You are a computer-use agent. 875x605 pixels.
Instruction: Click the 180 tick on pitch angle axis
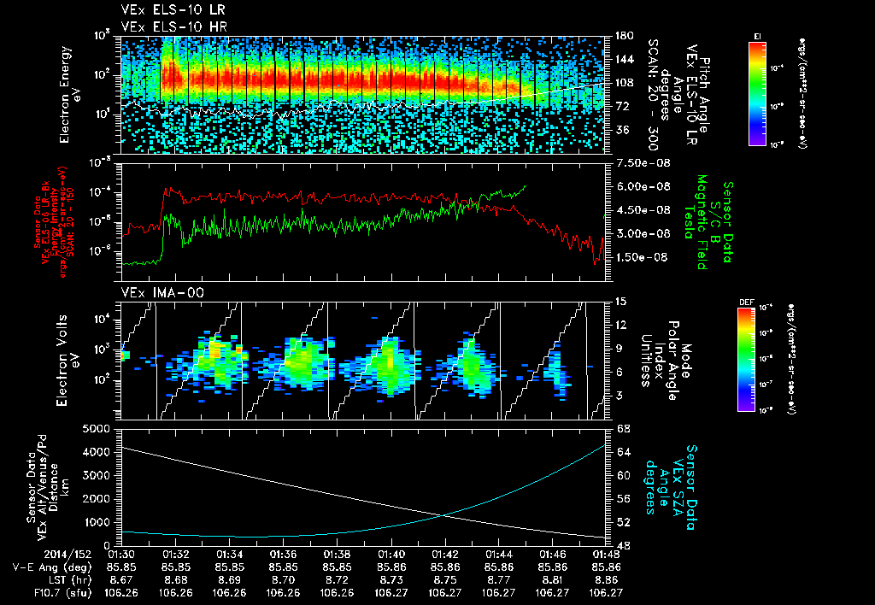[x=623, y=36]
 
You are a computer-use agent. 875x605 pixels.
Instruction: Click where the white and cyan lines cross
[x=446, y=514]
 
